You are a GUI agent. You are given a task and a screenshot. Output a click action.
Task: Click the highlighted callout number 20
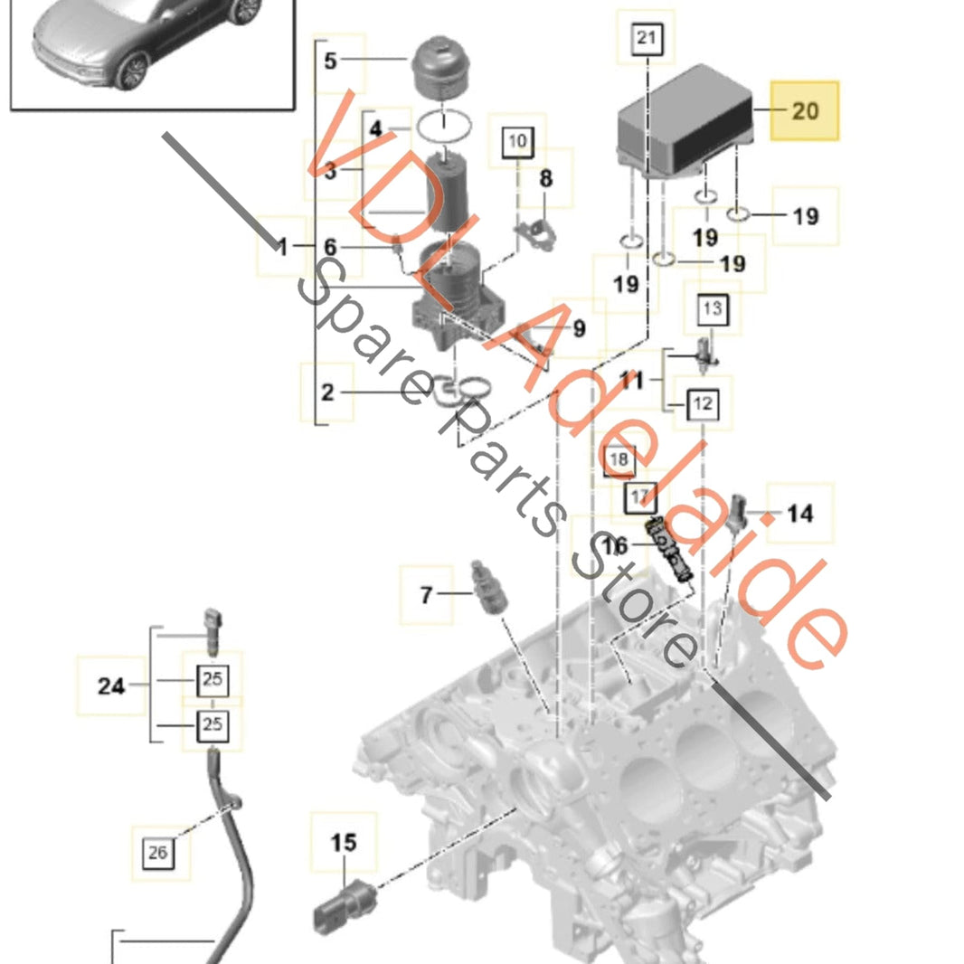pyautogui.click(x=804, y=110)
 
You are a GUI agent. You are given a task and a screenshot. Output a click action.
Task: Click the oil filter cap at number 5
pyautogui.click(x=443, y=68)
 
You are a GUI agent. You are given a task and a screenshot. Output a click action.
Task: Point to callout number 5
pyautogui.click(x=330, y=61)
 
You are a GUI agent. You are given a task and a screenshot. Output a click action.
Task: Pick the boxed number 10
pyautogui.click(x=517, y=141)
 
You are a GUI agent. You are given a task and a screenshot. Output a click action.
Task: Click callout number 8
pyautogui.click(x=545, y=178)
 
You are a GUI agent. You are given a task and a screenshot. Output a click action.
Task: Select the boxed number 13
pyautogui.click(x=713, y=309)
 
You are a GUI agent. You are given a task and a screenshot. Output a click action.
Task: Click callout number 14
pyautogui.click(x=799, y=514)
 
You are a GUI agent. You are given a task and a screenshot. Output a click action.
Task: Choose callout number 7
pyautogui.click(x=426, y=595)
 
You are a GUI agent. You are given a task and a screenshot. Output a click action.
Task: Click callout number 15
pyautogui.click(x=344, y=844)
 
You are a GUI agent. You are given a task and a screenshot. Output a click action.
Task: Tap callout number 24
pyautogui.click(x=111, y=686)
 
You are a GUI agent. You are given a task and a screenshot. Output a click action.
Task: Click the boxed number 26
pyautogui.click(x=158, y=852)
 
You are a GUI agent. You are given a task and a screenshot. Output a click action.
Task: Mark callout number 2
pyautogui.click(x=327, y=392)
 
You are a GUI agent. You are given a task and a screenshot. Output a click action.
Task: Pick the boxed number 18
pyautogui.click(x=619, y=460)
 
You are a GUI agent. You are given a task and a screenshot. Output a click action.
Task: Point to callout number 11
pyautogui.click(x=631, y=381)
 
